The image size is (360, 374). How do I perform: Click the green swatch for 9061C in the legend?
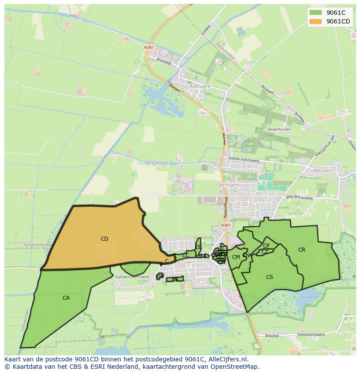[316, 13]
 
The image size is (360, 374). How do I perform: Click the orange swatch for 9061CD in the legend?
[316, 21]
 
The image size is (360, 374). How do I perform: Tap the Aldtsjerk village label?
[200, 86]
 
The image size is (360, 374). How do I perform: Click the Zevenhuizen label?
[279, 129]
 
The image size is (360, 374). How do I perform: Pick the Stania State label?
[249, 143]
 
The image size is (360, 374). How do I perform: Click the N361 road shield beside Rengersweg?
[225, 225]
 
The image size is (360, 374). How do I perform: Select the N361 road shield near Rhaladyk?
[149, 47]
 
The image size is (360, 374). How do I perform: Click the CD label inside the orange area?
[104, 238]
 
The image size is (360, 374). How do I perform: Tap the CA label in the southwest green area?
[66, 298]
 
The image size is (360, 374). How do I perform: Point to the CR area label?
[302, 250]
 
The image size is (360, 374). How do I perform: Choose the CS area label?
[270, 277]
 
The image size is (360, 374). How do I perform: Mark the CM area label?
[236, 257]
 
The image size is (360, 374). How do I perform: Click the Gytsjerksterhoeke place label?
[133, 277]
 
